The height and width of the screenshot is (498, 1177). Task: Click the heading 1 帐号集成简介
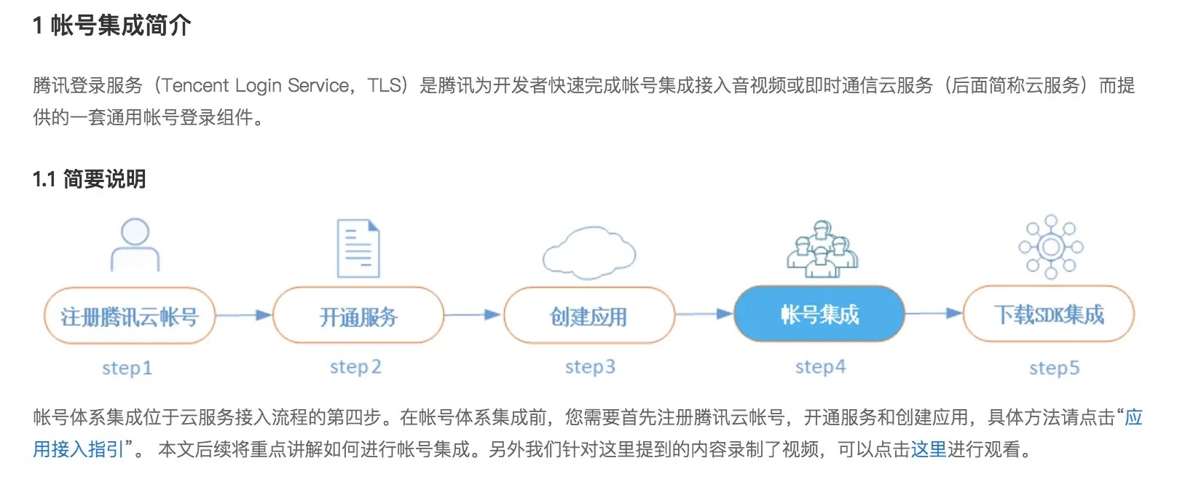coord(111,25)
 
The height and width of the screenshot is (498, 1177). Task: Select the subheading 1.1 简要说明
coord(89,179)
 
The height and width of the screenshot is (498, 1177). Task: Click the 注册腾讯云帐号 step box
coord(130,316)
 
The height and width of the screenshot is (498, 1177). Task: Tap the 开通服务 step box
coord(358,316)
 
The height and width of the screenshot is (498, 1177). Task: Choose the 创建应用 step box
coord(588,316)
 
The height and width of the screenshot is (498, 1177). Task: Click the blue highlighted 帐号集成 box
coord(819,315)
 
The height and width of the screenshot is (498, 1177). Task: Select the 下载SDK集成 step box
coord(1049,315)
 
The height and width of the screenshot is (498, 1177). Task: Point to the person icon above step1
coord(135,245)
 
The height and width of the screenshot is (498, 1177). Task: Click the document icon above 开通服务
coord(358,248)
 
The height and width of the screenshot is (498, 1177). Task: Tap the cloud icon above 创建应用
coord(588,253)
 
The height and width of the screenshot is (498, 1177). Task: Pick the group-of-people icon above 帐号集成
coord(822,249)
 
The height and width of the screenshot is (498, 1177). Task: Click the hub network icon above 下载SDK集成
coord(1050,247)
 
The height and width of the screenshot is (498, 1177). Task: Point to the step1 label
coord(127,368)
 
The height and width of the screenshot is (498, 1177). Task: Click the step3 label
coord(590,366)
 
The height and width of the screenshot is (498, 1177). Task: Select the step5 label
coord(1054,368)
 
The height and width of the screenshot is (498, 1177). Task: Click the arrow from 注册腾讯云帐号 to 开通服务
coord(244,315)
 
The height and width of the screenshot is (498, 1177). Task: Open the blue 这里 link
coord(929,449)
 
